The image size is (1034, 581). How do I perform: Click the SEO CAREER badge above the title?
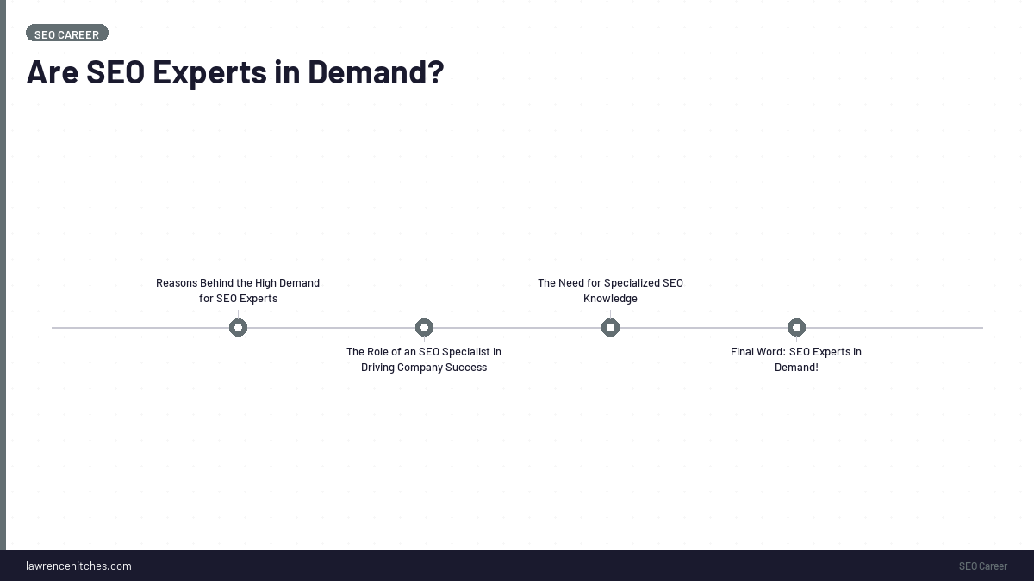[66, 34]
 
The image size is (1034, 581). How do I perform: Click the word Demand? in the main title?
[376, 71]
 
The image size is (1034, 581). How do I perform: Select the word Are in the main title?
[53, 71]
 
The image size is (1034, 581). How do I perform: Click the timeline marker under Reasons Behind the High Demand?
[238, 328]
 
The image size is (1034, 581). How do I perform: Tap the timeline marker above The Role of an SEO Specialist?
[424, 328]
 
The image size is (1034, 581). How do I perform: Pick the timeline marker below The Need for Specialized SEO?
[610, 328]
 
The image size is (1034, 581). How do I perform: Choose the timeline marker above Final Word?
[796, 328]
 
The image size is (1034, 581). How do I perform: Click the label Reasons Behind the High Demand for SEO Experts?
[238, 291]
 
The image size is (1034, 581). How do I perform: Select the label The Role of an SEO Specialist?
[424, 360]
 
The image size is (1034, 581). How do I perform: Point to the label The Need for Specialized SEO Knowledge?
[610, 291]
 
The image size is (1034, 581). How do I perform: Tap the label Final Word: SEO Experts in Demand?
[796, 360]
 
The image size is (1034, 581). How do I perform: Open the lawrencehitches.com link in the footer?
[78, 566]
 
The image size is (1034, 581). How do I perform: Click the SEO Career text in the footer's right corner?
[982, 566]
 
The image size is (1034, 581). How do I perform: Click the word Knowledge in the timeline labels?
[610, 299]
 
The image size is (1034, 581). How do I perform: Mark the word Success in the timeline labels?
[466, 368]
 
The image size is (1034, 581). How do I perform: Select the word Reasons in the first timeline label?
[176, 283]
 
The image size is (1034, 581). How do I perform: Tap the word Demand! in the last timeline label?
[796, 368]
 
